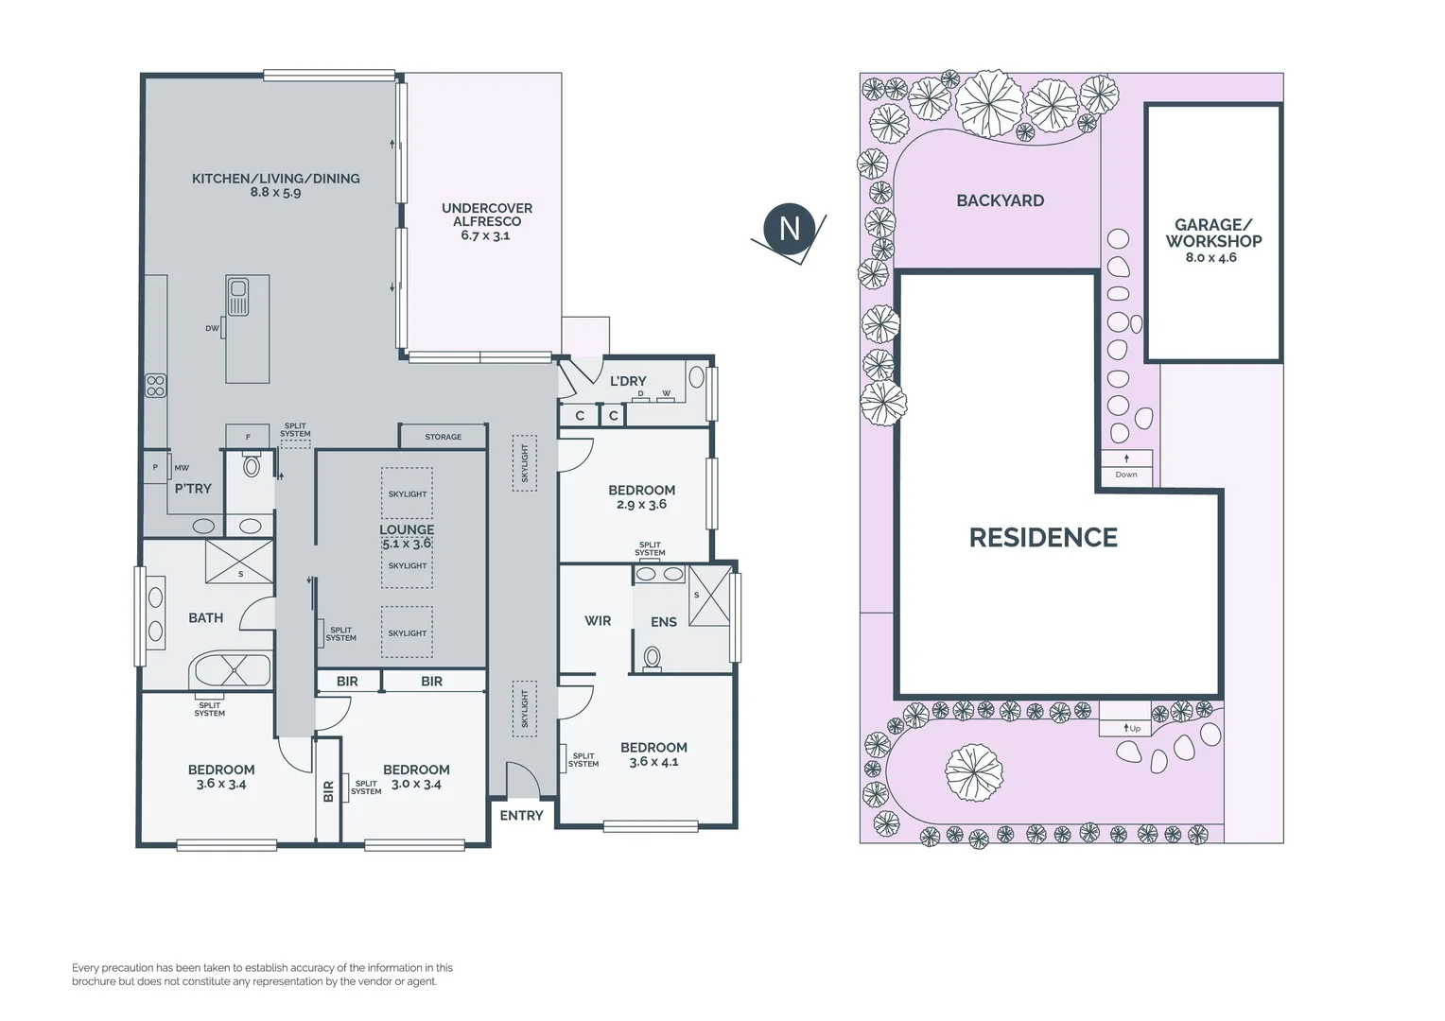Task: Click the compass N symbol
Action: tap(790, 229)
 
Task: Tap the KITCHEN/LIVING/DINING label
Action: tap(276, 179)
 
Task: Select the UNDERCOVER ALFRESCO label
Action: tap(487, 215)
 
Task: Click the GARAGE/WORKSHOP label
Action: tap(1213, 233)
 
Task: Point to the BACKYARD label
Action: tap(1000, 200)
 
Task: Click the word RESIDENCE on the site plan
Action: tap(1043, 538)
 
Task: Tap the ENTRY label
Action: tap(521, 815)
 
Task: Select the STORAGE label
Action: tap(444, 437)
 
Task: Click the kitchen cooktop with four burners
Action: tap(155, 386)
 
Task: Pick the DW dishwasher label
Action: tap(212, 328)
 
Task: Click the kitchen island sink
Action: tap(238, 297)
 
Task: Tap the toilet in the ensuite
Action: tap(653, 659)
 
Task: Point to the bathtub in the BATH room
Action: tap(231, 669)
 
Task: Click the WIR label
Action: tap(598, 620)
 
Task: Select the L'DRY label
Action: tap(628, 381)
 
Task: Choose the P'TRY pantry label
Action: tap(193, 488)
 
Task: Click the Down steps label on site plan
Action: tap(1126, 475)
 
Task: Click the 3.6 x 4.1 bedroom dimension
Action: tap(653, 762)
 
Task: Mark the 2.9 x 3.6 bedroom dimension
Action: tap(641, 505)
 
